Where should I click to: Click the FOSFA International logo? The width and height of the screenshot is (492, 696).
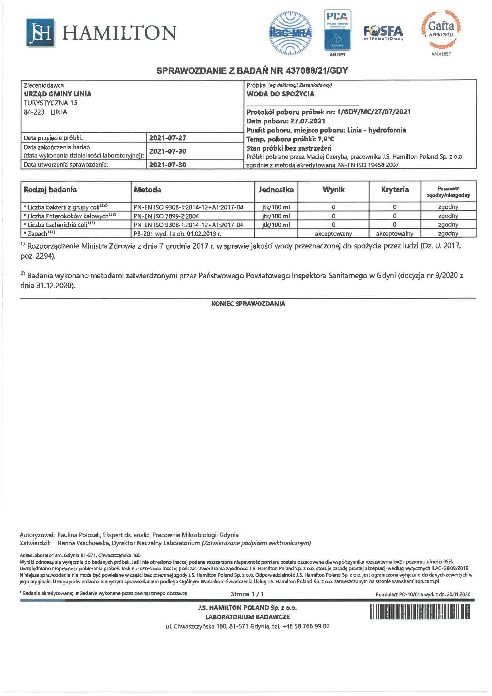383,33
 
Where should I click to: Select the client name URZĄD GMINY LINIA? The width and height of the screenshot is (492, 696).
58,94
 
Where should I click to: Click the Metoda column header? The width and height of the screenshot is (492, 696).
148,190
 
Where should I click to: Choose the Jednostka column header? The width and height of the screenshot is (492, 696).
276,190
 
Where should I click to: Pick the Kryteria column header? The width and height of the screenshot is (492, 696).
394,190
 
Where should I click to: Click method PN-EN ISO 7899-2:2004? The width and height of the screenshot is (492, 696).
166,216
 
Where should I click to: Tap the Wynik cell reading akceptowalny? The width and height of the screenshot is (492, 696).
333,234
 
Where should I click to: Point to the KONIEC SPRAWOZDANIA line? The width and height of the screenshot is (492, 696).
248,304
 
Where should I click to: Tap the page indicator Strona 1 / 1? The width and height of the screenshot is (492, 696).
247,594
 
